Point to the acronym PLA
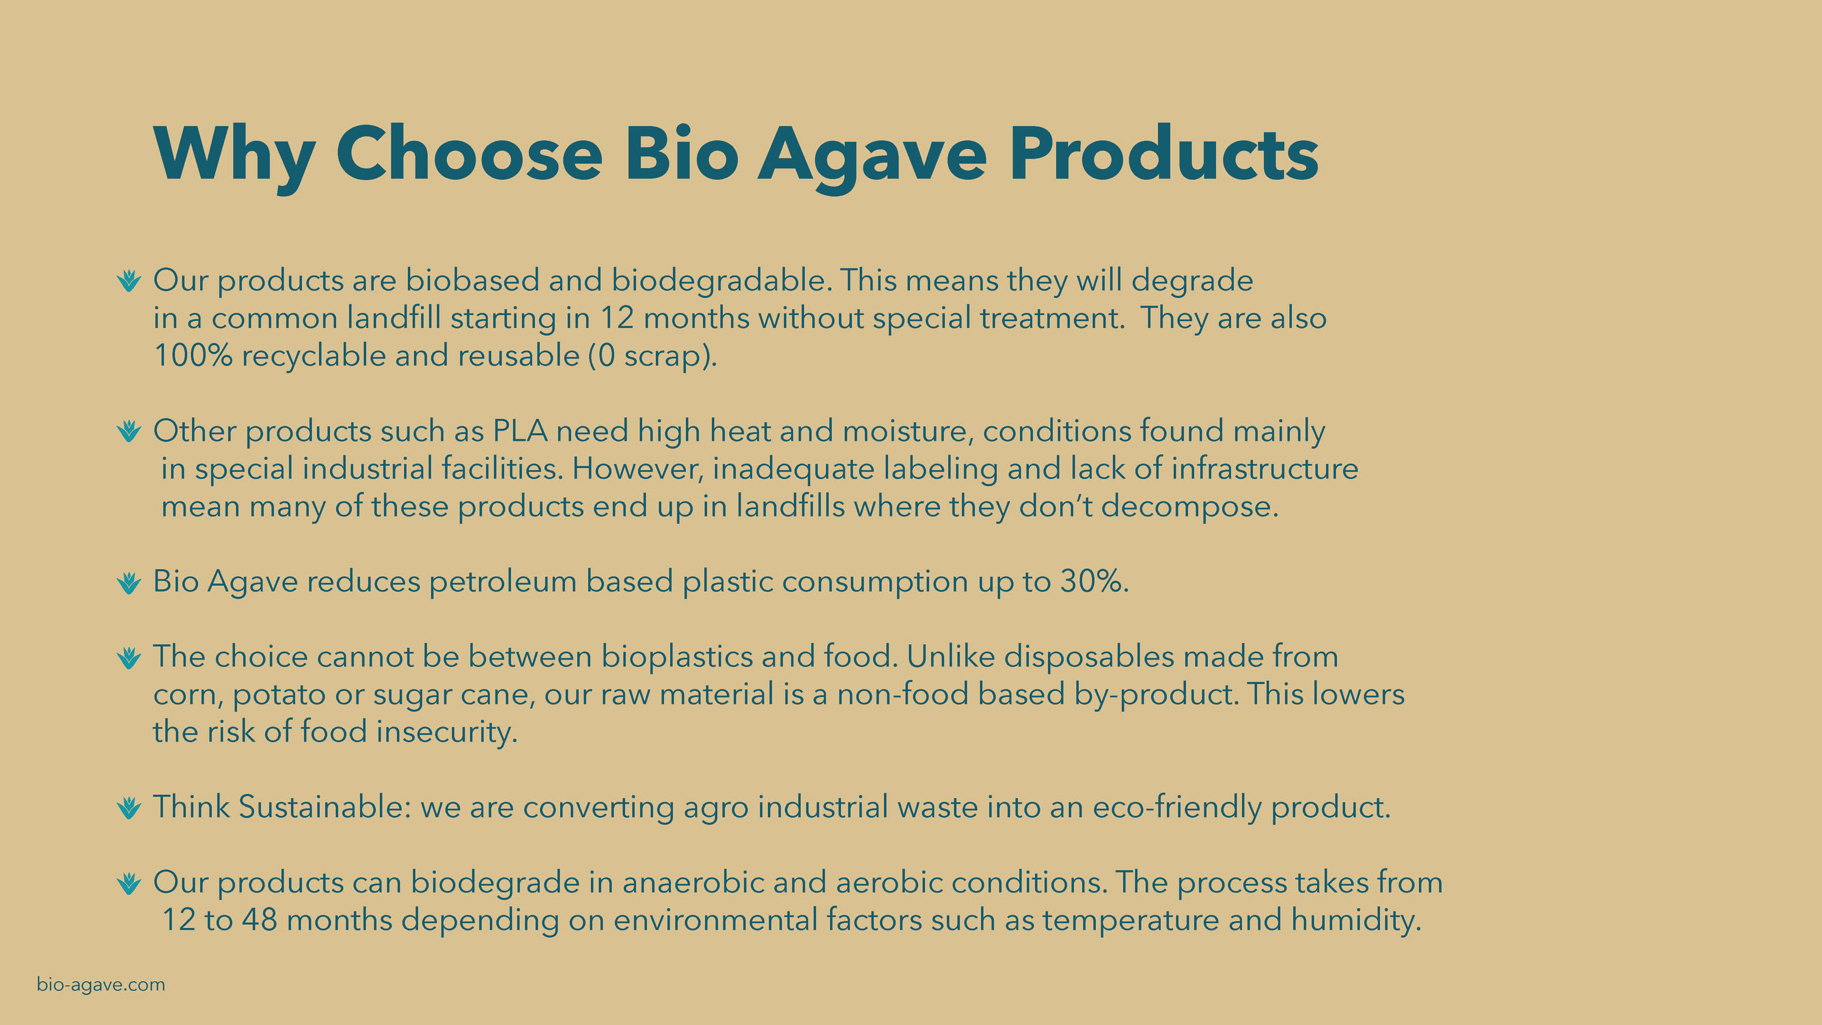(x=520, y=431)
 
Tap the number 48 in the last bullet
(x=259, y=920)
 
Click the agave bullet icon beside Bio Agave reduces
(x=129, y=583)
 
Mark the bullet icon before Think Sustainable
(x=129, y=808)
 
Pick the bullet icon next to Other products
(x=129, y=431)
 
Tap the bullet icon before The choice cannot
(x=129, y=658)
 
